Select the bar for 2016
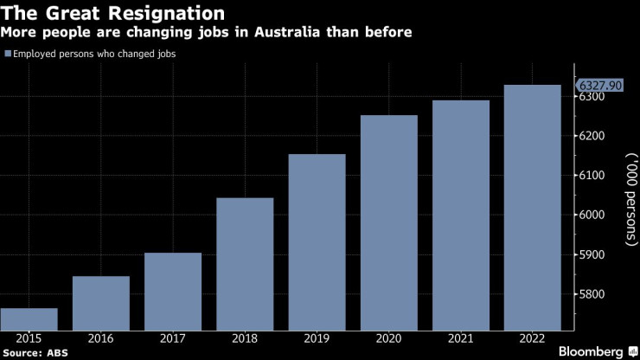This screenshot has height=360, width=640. point(100,303)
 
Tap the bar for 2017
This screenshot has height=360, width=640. point(173,292)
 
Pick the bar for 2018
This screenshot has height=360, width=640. point(245,264)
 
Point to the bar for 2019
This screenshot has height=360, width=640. point(317,242)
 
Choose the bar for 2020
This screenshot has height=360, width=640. point(388,222)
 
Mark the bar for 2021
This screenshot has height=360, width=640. point(460,215)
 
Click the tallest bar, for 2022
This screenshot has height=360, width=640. point(532,208)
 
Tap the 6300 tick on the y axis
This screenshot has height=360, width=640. point(592,97)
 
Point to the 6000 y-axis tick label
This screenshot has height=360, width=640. point(592,215)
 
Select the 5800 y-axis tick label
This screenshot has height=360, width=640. point(592,295)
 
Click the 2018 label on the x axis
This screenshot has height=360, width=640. point(245,339)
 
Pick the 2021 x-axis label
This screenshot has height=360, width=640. point(460,339)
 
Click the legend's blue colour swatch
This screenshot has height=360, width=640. point(8,54)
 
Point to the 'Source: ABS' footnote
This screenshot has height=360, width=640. point(35,353)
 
